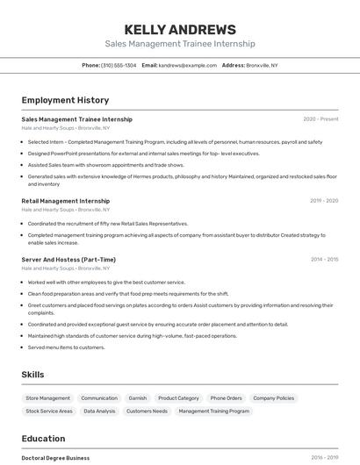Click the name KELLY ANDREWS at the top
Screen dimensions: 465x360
tap(180, 30)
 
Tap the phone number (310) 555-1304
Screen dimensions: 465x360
tap(119, 66)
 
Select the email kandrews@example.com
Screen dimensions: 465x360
tap(187, 66)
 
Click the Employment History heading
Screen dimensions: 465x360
tap(65, 100)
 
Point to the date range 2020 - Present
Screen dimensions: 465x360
tap(320, 119)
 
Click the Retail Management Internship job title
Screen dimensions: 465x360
tap(66, 201)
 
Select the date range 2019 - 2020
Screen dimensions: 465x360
tap(323, 201)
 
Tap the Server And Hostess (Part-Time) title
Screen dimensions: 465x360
tap(68, 260)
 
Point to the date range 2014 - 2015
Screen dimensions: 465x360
tap(324, 260)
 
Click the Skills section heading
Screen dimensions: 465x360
tap(32, 375)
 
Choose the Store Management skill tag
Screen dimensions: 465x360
tap(48, 398)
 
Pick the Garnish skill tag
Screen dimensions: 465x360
tap(138, 398)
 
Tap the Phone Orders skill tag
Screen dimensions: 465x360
tap(227, 398)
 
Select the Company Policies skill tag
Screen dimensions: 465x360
tap(273, 398)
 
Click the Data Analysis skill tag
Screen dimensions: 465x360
tap(99, 411)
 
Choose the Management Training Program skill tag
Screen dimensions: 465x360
tap(213, 411)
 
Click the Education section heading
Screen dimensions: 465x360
tap(43, 438)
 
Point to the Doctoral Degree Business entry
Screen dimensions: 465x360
tap(55, 458)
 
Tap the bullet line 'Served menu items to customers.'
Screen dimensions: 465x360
tap(66, 347)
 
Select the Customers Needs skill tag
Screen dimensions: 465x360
tap(147, 411)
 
